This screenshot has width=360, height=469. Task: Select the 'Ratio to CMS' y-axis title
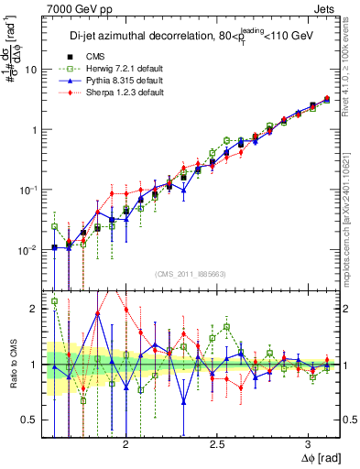12,365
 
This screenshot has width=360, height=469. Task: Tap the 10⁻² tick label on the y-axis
28,250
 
